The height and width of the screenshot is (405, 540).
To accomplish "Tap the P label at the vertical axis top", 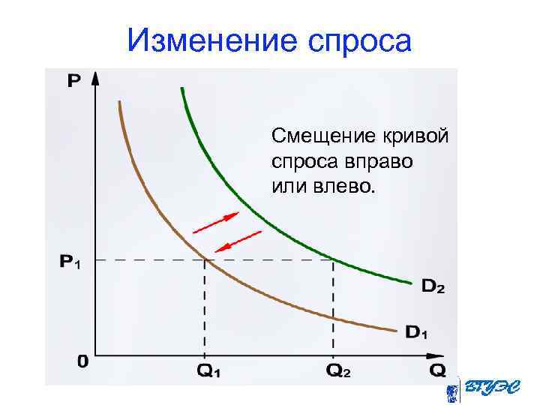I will point(74,80).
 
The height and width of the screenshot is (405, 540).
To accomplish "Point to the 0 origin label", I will point(82,362).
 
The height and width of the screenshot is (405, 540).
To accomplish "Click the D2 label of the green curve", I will point(433,286).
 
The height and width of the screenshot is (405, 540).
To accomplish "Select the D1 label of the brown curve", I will point(415,331).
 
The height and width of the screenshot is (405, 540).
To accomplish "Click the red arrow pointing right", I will point(215,222).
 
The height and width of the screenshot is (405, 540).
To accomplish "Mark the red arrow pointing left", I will point(238,241).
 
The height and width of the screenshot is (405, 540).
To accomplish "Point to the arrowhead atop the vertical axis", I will point(95,76).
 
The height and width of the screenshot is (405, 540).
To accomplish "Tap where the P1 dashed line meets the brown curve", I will point(205,260).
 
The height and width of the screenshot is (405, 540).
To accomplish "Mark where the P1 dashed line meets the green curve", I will point(333,260).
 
